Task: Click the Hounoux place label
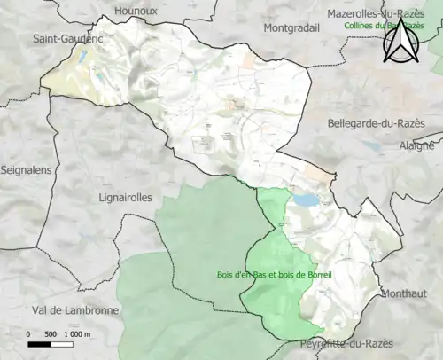tap(136, 11)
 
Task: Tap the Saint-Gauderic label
tap(66, 39)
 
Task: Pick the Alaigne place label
tap(417, 145)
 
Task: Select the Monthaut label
tap(404, 293)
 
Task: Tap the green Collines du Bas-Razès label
tap(390, 26)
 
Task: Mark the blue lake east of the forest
tap(307, 201)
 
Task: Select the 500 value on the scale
tap(51, 333)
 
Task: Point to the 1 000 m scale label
tap(79, 333)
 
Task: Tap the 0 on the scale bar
tap(28, 333)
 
